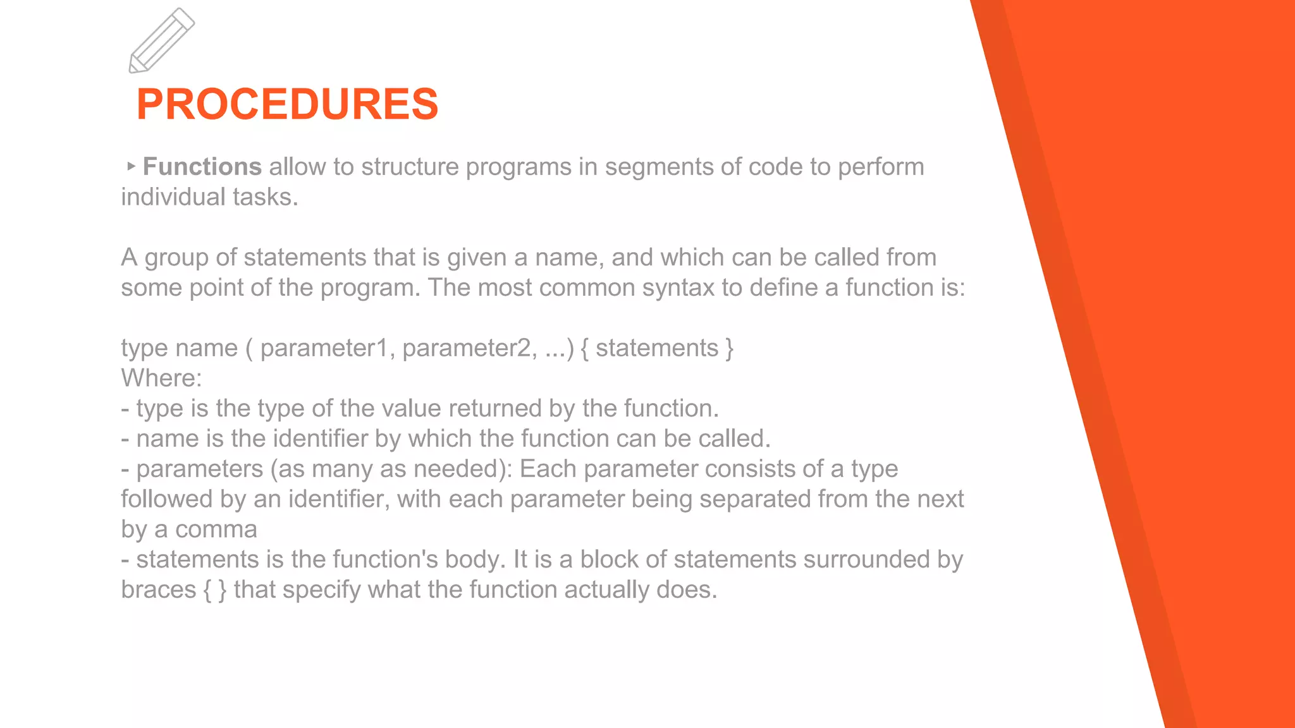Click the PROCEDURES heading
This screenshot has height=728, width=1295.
[x=287, y=104]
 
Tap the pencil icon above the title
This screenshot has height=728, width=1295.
[x=162, y=40]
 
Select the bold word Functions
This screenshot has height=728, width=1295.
[x=202, y=167]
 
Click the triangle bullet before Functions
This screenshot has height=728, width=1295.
[x=131, y=166]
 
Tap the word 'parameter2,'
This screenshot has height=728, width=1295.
[x=470, y=348]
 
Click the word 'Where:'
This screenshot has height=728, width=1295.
[x=161, y=378]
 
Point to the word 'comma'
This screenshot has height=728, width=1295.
[x=216, y=530]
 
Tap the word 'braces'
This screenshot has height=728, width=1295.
[x=159, y=590]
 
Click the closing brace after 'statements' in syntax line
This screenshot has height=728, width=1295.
[x=729, y=348]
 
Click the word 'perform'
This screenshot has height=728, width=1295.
[x=881, y=167]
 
